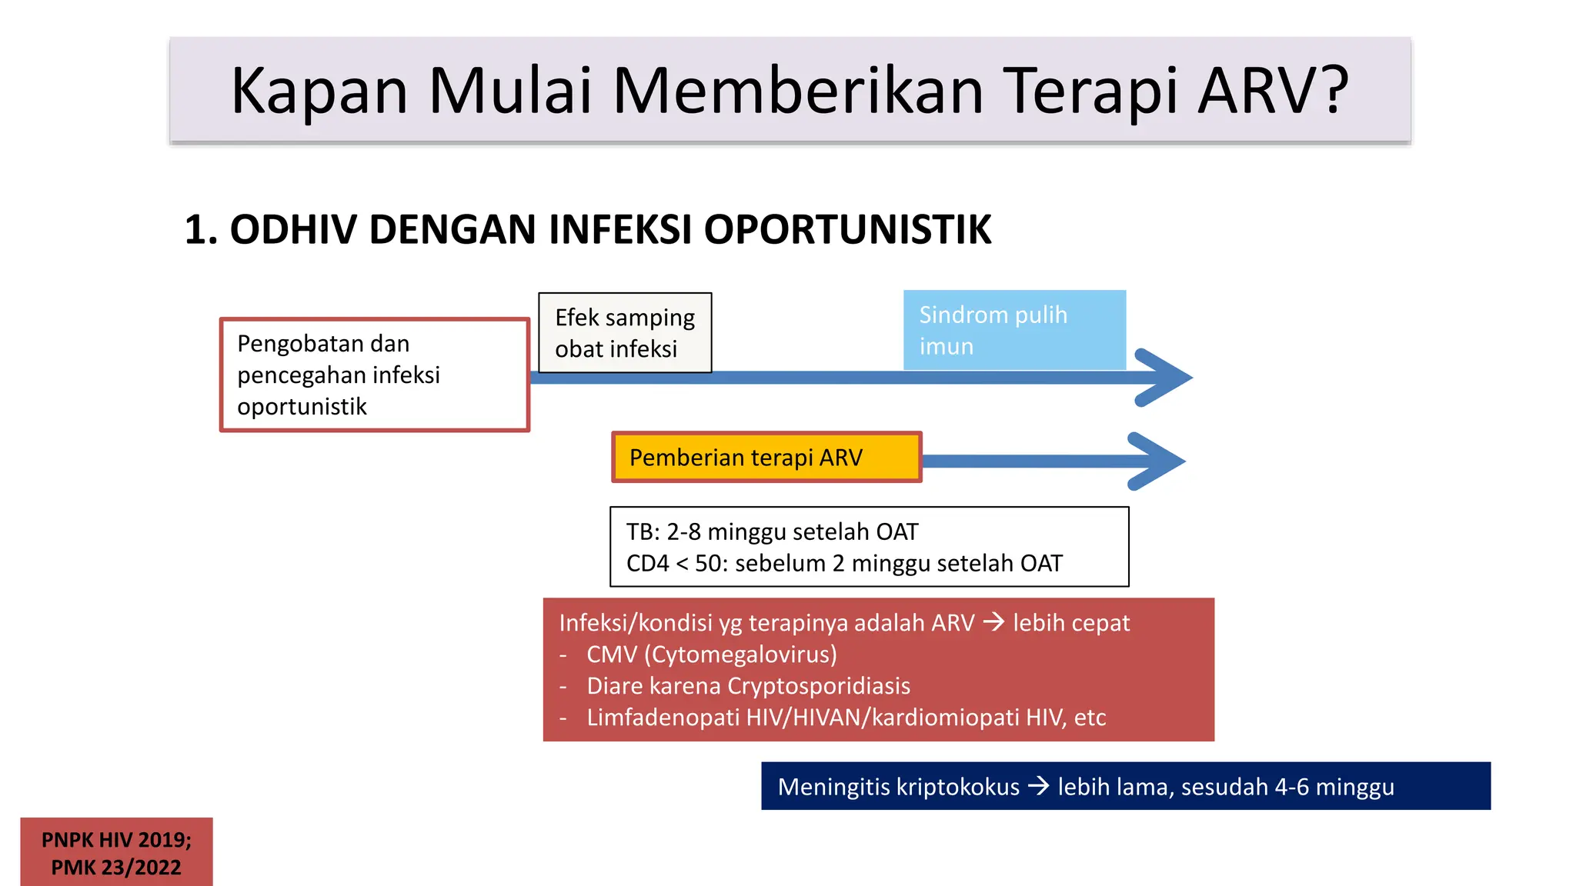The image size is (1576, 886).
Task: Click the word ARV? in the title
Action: click(x=1274, y=91)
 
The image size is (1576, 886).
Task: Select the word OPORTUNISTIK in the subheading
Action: click(x=847, y=230)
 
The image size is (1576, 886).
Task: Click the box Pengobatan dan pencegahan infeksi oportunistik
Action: click(x=375, y=375)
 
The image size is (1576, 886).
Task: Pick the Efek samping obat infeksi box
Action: click(x=625, y=333)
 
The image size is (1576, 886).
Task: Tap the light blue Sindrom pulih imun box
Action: click(x=1014, y=330)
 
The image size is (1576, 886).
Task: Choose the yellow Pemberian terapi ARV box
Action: click(x=766, y=458)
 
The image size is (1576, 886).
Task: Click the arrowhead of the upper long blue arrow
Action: click(x=1166, y=378)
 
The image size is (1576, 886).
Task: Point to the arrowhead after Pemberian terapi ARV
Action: click(x=1158, y=461)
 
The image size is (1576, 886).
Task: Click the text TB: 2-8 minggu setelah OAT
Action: click(x=772, y=531)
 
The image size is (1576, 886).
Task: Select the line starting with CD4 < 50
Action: click(x=844, y=564)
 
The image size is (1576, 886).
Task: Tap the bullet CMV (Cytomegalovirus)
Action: click(x=711, y=655)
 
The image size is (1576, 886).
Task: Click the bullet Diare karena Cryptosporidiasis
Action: click(x=748, y=686)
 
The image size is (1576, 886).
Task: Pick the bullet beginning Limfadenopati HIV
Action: click(x=846, y=718)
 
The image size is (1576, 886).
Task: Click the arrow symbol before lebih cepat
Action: click(x=993, y=622)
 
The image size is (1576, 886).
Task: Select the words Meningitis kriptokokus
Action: click(x=898, y=787)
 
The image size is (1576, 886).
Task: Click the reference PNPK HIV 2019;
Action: click(x=116, y=840)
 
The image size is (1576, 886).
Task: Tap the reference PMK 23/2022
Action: click(x=116, y=868)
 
